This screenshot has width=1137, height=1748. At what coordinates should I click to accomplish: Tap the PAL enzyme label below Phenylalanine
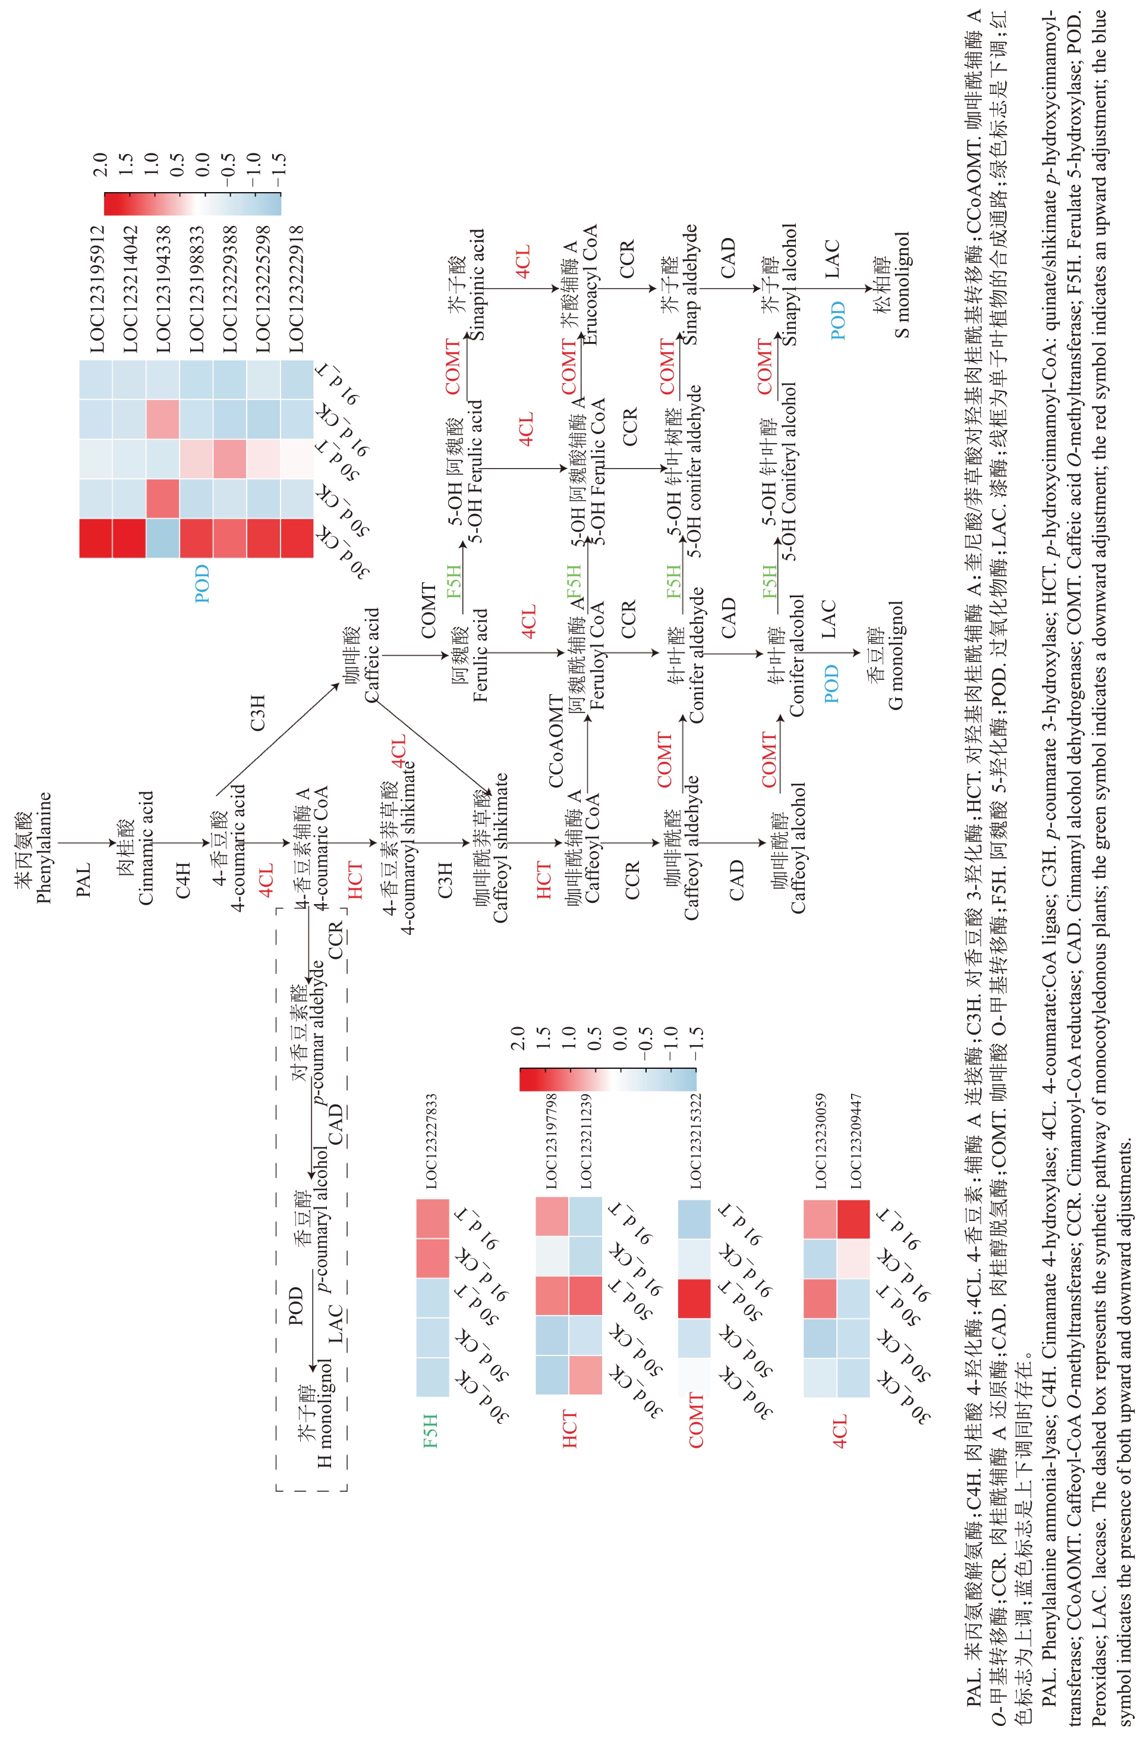coord(84,879)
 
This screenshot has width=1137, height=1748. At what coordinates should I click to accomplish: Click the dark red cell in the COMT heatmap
coord(694,1298)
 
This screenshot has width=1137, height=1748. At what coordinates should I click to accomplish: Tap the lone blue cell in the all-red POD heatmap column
coord(162,538)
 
